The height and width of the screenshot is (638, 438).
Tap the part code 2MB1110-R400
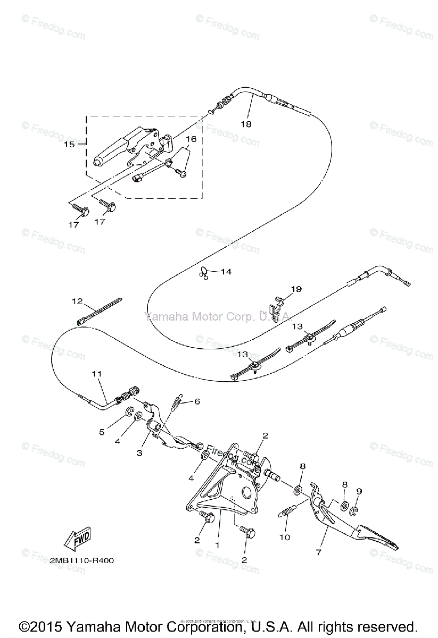pyautogui.click(x=81, y=560)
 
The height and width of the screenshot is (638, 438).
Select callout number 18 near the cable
pyautogui.click(x=245, y=124)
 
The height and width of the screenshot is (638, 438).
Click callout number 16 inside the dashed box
pyautogui.click(x=191, y=139)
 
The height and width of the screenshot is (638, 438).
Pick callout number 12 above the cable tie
pyautogui.click(x=78, y=301)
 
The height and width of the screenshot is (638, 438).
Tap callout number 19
pyautogui.click(x=296, y=289)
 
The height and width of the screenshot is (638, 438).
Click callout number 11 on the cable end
pyautogui.click(x=96, y=374)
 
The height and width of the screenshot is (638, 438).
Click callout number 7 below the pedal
pyautogui.click(x=318, y=552)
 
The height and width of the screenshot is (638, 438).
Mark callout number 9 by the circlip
pyautogui.click(x=359, y=491)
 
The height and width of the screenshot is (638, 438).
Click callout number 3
pyautogui.click(x=139, y=452)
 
